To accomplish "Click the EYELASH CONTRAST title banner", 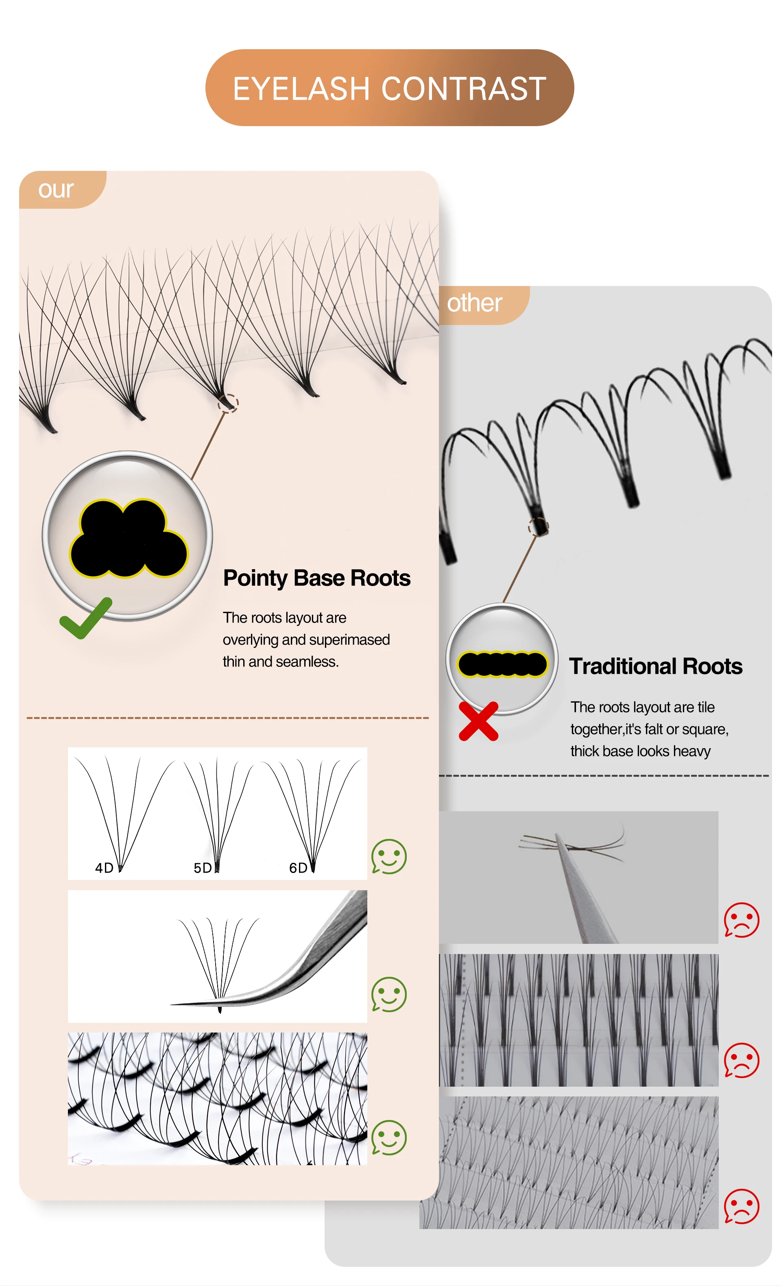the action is point(390,88).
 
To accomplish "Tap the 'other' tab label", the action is point(474,303).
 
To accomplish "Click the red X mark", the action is point(478,721).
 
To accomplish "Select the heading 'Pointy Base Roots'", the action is point(317,578).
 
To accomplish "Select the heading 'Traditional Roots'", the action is point(655,666).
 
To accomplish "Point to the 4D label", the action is point(104,868).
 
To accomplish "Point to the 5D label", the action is point(203,868).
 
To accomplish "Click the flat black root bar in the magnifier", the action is point(502,664).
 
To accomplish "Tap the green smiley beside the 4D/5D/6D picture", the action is point(389,856).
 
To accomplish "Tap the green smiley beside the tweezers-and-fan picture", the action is point(389,994).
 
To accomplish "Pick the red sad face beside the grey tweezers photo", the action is point(742,920).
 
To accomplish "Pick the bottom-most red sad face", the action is point(742,1206).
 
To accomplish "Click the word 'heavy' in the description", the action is point(692,751).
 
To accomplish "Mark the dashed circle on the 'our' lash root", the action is point(228,403).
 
